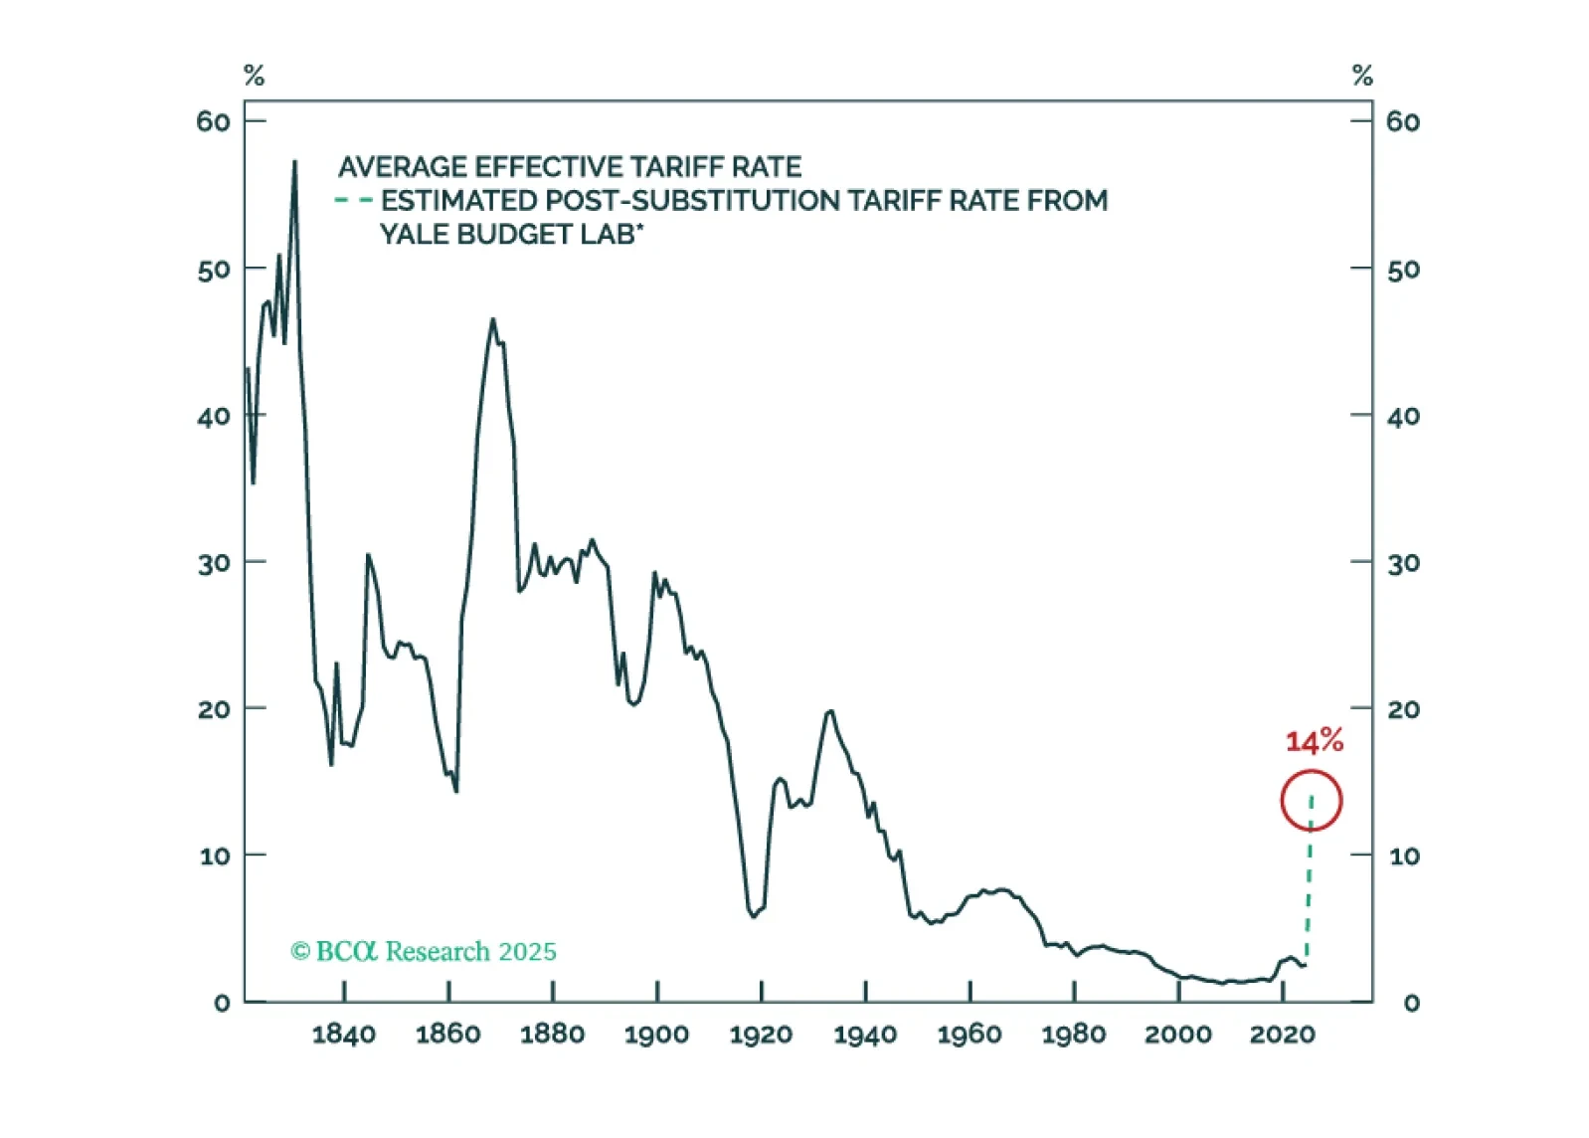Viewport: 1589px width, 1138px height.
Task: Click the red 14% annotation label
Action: [1314, 741]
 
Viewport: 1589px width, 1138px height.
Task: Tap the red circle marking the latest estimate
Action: [1312, 801]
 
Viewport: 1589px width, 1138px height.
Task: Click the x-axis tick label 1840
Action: [344, 1035]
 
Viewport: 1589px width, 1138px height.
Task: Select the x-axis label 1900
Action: [656, 1035]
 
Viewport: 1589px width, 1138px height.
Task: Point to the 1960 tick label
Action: [970, 1035]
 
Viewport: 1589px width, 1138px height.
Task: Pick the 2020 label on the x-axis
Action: [1282, 1035]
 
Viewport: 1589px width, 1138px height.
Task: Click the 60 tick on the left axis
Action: [214, 121]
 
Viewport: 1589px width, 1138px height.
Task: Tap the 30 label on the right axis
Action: [1403, 563]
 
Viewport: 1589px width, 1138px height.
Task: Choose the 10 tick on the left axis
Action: [215, 855]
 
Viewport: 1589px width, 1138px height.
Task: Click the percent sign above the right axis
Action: [1362, 76]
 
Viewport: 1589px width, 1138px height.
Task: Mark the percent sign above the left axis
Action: [254, 76]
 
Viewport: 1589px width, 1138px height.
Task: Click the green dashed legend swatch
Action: [353, 200]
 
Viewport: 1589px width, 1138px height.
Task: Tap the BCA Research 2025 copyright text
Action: [424, 952]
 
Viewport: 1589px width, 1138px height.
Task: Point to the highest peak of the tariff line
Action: [294, 161]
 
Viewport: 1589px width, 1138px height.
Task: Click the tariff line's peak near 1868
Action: [492, 319]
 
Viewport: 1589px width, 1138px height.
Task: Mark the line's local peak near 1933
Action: [829, 711]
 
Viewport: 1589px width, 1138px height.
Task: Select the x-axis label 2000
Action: [1177, 1035]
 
